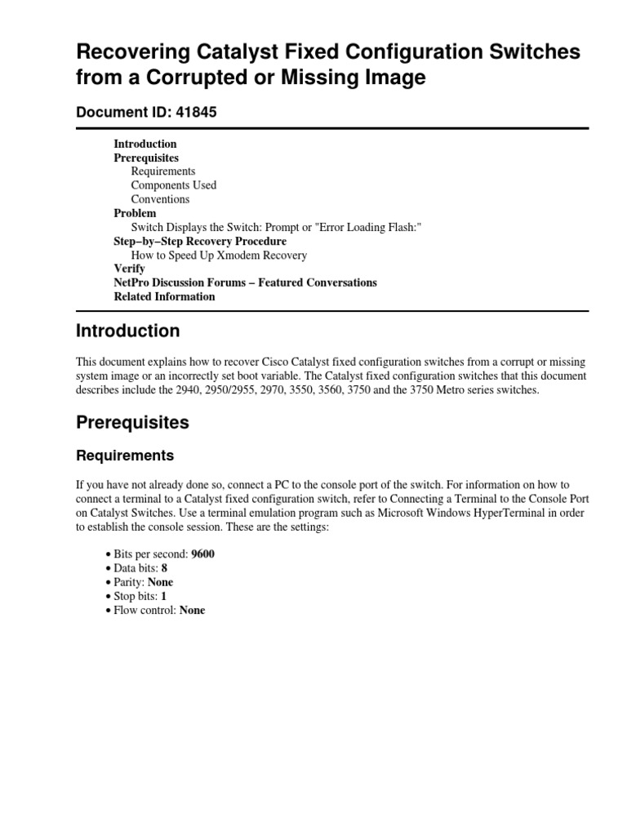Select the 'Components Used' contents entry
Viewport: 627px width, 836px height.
[174, 185]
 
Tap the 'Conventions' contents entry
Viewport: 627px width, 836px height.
[160, 199]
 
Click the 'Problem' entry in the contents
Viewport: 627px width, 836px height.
[135, 213]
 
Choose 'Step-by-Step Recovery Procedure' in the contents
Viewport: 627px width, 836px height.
[200, 242]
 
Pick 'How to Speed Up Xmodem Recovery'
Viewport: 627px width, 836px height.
[219, 256]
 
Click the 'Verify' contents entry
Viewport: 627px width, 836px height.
[129, 269]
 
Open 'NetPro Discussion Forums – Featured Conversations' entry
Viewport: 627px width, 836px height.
[245, 282]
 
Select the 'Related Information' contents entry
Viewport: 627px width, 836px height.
[164, 296]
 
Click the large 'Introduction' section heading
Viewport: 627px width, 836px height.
[127, 331]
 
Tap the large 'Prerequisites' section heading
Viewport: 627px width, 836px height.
[132, 423]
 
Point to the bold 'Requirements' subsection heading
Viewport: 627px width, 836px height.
[125, 456]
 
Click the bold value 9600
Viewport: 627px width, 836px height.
[203, 554]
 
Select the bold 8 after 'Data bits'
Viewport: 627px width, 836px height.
[164, 568]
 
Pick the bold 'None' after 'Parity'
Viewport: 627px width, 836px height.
[160, 582]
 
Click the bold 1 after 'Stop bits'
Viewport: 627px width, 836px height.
[163, 596]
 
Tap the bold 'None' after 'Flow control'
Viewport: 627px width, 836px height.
[192, 610]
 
